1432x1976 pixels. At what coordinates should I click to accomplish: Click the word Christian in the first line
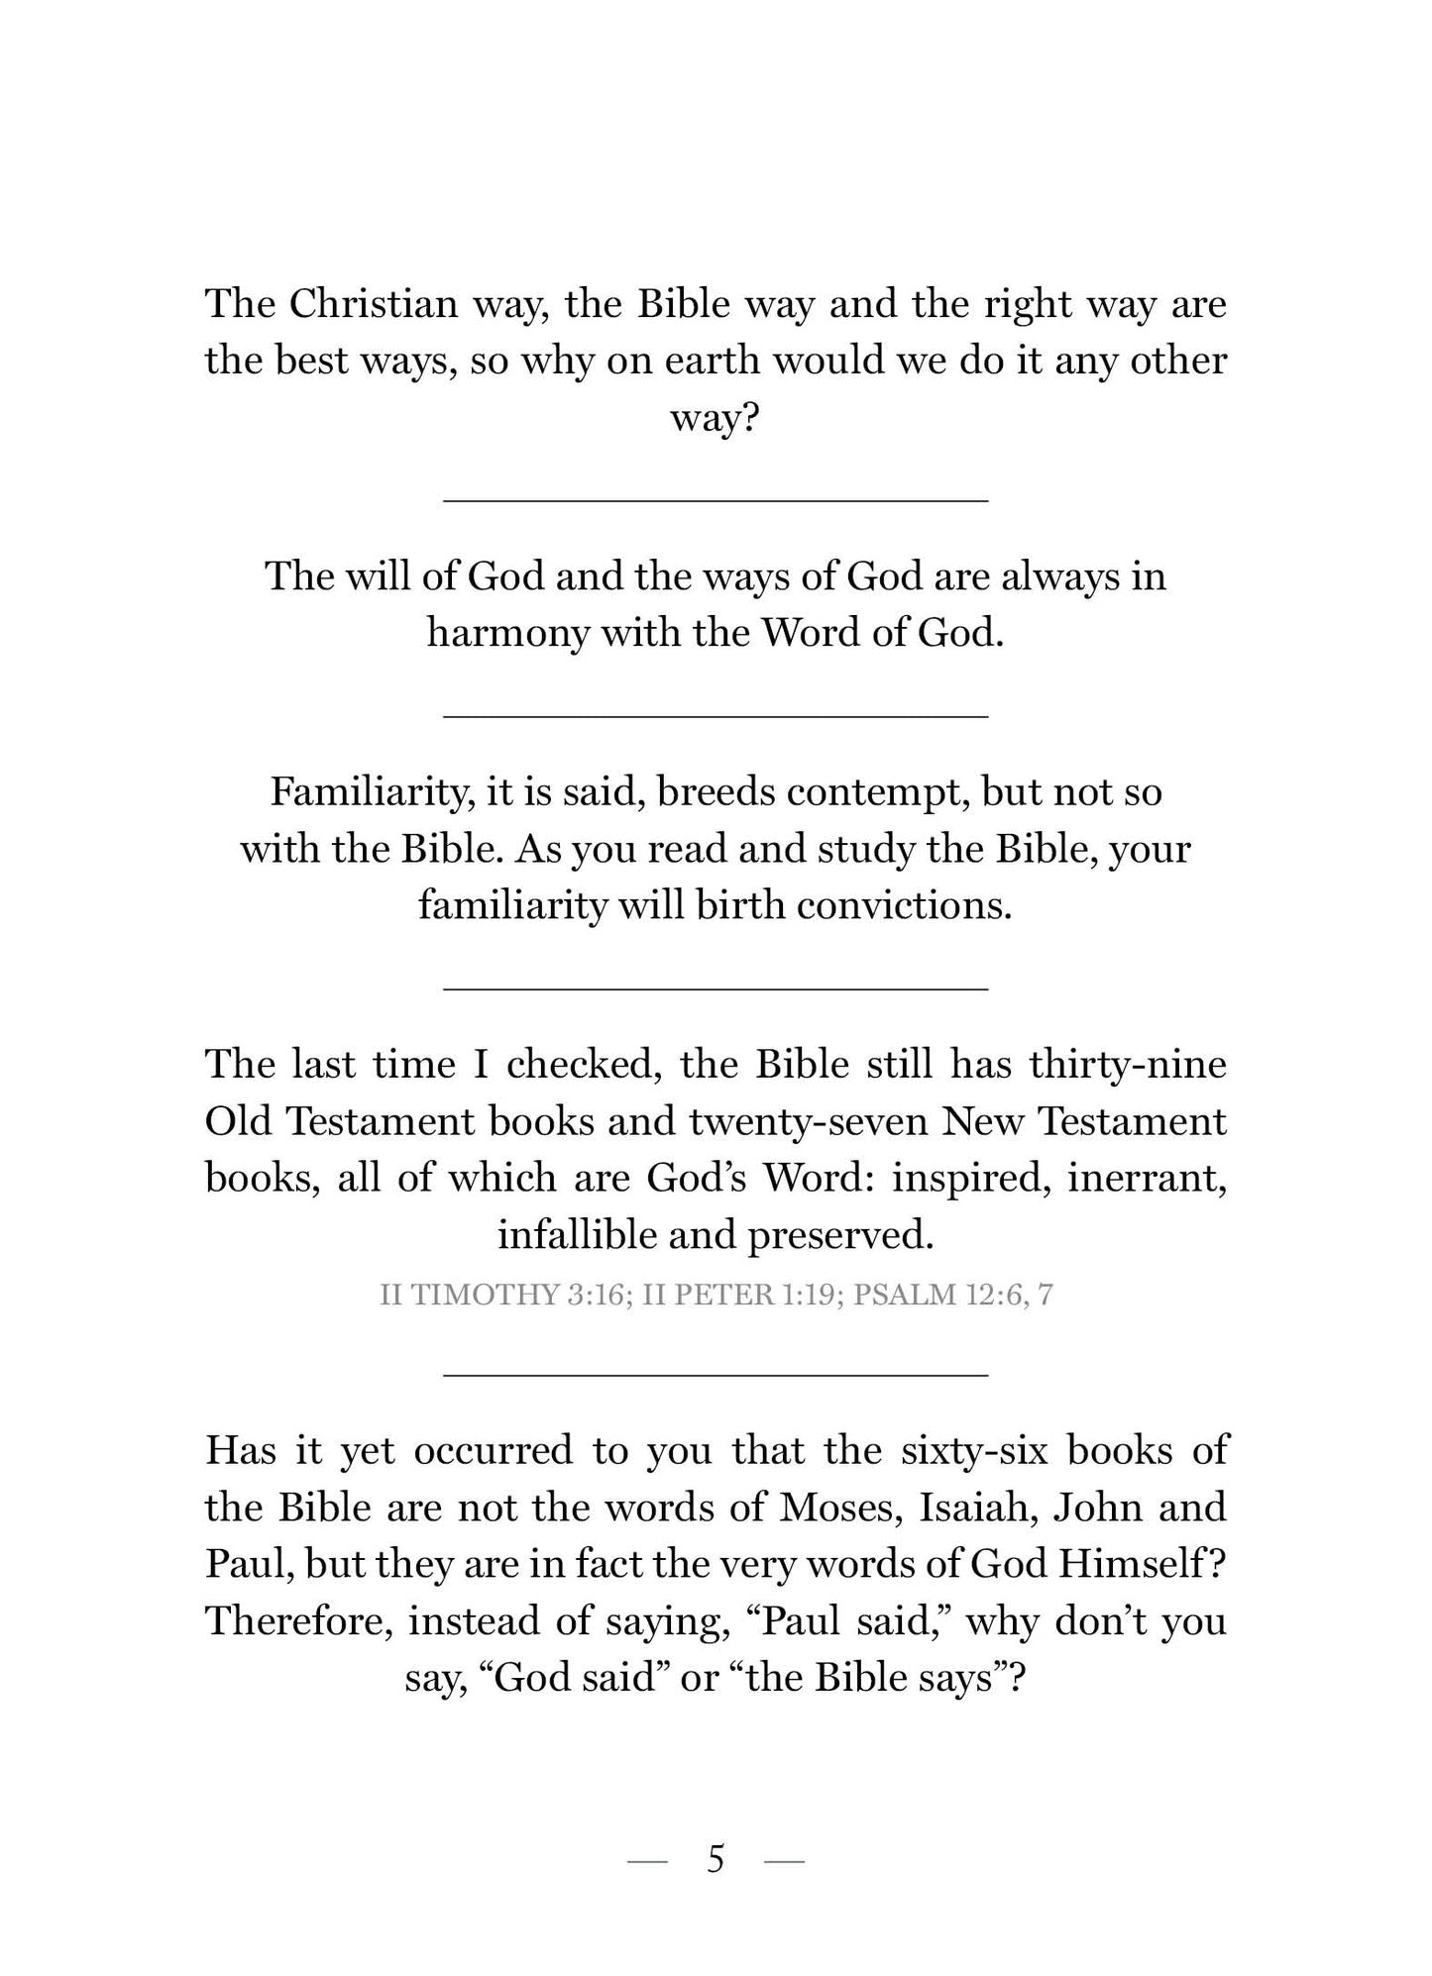click(x=374, y=304)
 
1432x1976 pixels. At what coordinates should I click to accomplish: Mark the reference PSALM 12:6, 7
click(x=953, y=1295)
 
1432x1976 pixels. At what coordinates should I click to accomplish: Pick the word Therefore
click(x=299, y=1621)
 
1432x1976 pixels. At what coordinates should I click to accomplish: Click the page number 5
click(x=716, y=1860)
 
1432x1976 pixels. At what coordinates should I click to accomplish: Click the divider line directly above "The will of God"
click(x=716, y=501)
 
